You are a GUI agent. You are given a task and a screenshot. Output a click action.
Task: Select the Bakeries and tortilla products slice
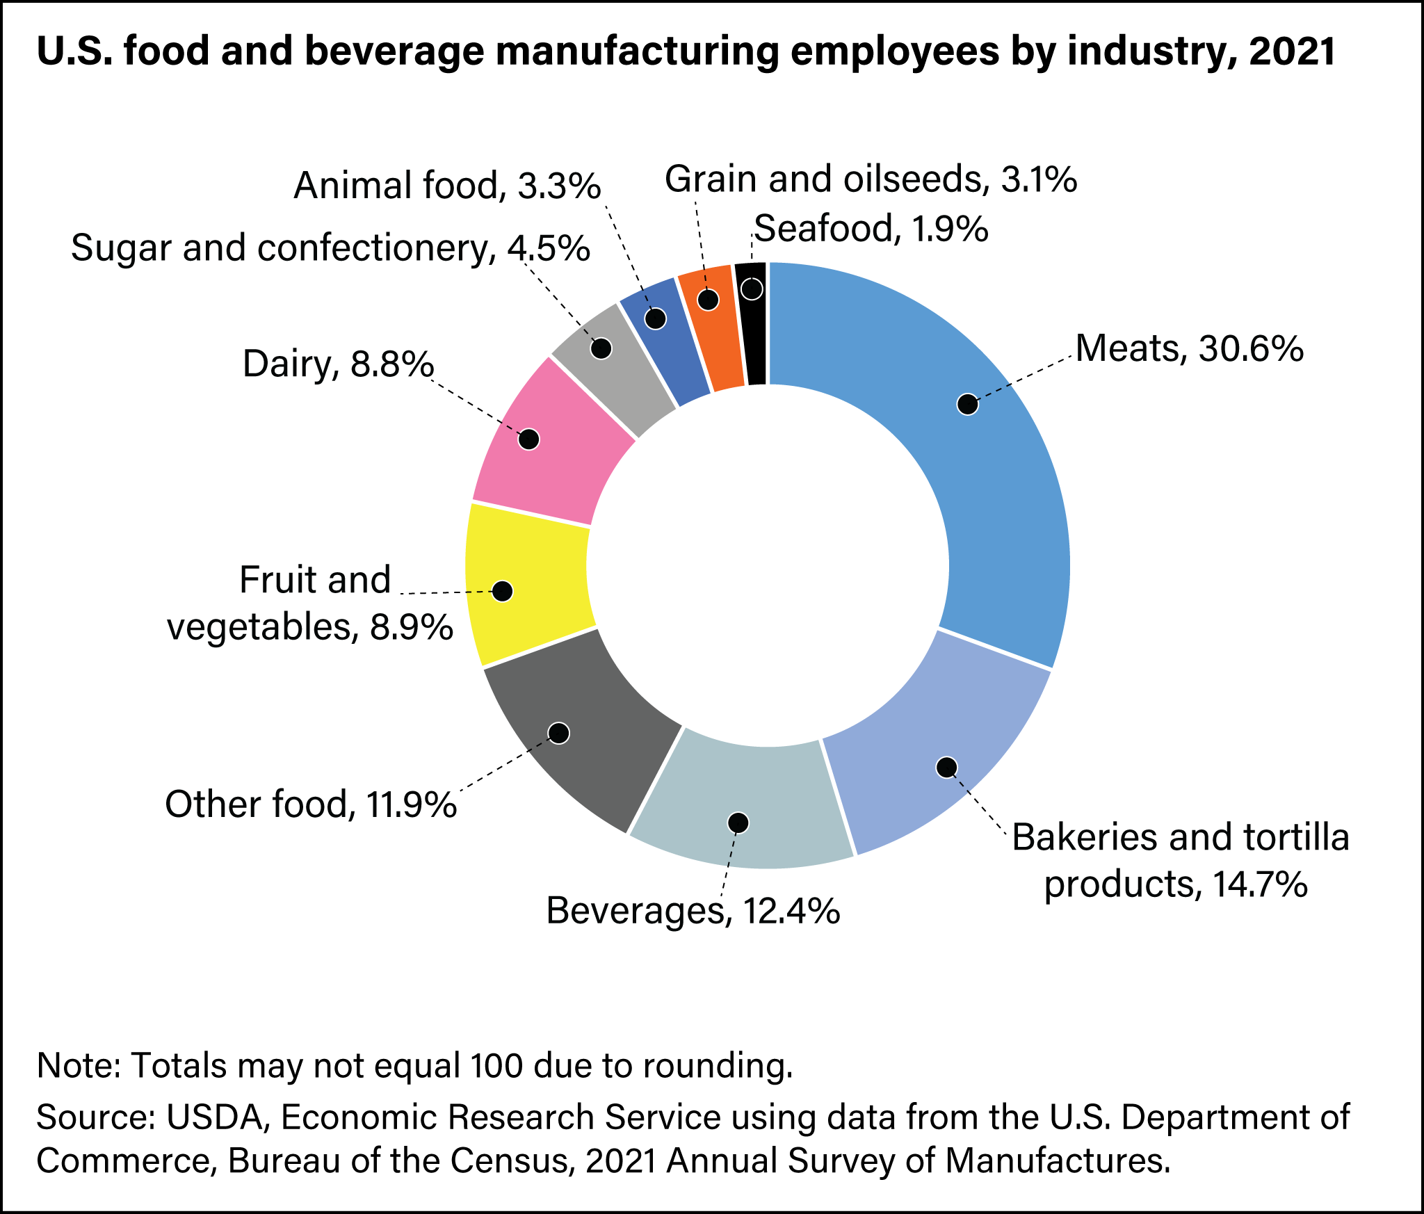click(x=932, y=772)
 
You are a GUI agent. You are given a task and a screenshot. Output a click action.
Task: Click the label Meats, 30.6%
click(x=1189, y=349)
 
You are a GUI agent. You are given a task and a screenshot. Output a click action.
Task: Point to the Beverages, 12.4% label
click(x=693, y=911)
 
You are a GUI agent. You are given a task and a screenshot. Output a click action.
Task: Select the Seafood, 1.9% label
click(x=871, y=229)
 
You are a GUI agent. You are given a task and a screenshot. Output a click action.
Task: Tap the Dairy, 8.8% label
click(x=339, y=364)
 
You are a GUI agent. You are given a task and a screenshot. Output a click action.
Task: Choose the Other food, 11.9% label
click(x=311, y=804)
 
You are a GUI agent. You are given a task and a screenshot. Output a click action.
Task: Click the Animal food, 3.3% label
click(x=447, y=186)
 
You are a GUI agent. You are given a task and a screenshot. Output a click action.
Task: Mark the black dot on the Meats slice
click(x=967, y=404)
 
